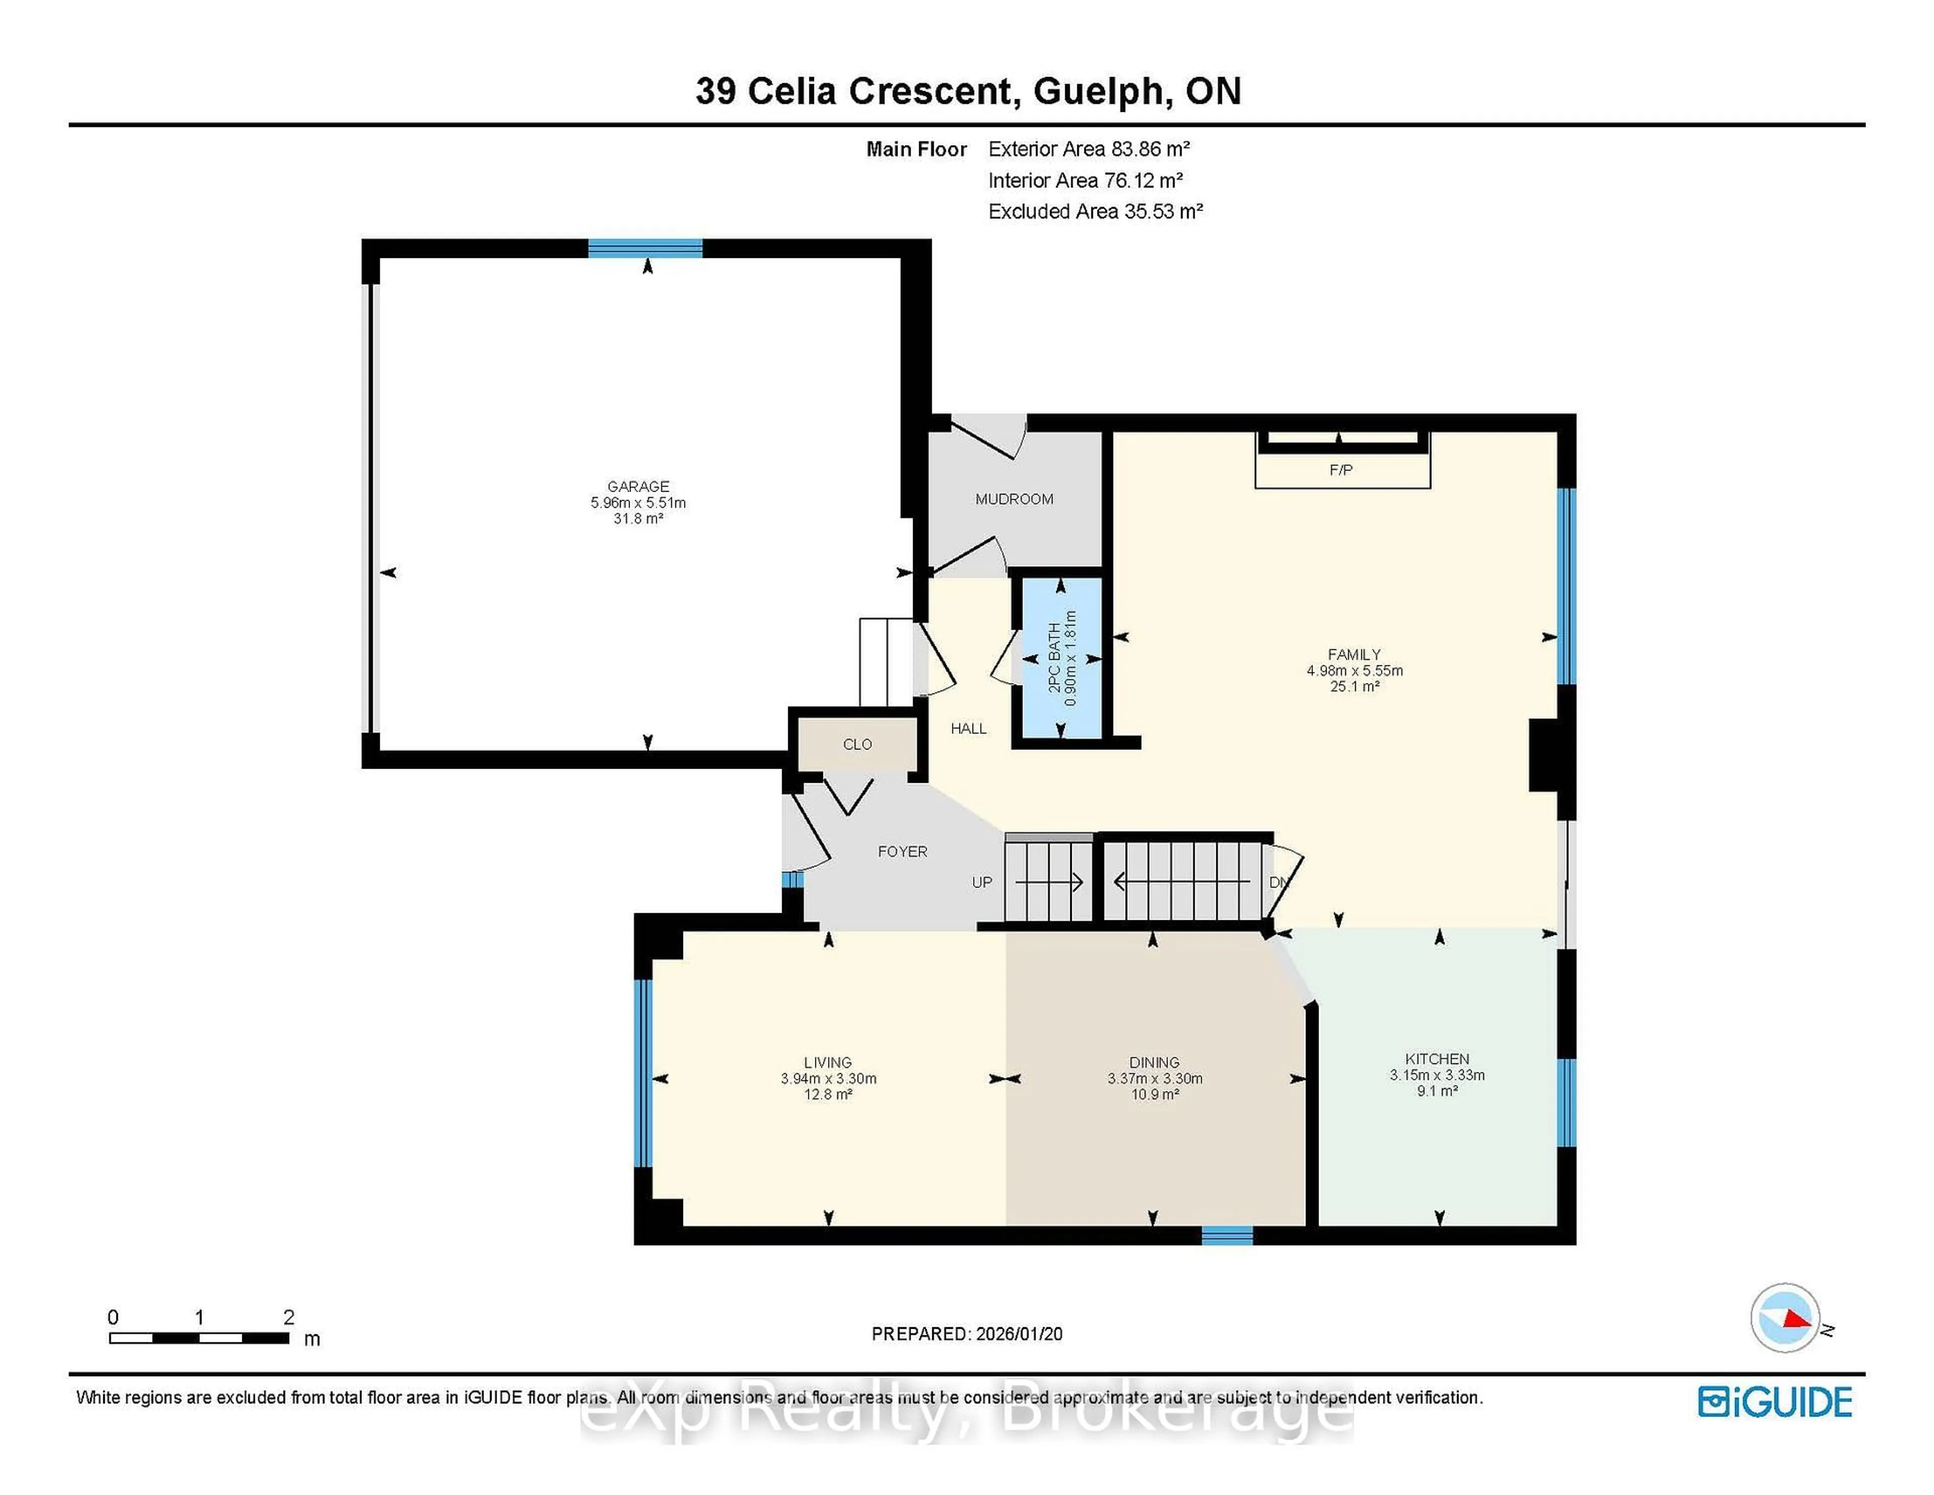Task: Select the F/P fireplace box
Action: click(1342, 469)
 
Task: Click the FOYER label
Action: click(903, 852)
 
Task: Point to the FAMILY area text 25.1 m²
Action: click(1354, 687)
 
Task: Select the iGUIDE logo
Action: click(1775, 1402)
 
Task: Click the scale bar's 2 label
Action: click(289, 1317)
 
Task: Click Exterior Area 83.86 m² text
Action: click(1088, 149)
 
